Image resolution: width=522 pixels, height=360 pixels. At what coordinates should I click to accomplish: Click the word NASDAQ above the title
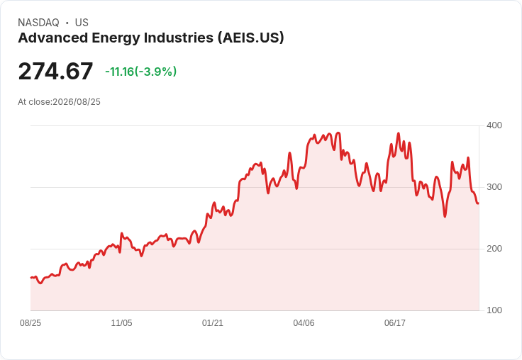pyautogui.click(x=38, y=23)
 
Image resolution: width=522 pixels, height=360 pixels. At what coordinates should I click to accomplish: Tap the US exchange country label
pyautogui.click(x=82, y=23)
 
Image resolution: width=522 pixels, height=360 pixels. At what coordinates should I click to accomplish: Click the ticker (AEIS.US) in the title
pyautogui.click(x=250, y=38)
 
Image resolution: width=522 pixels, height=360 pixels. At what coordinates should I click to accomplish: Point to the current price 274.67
pyautogui.click(x=55, y=71)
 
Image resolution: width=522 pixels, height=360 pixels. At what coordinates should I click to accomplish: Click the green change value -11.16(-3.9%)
pyautogui.click(x=141, y=72)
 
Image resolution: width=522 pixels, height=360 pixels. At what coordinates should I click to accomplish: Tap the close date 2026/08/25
pyautogui.click(x=77, y=102)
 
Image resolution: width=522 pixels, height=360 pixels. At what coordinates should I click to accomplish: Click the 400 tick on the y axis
pyautogui.click(x=494, y=125)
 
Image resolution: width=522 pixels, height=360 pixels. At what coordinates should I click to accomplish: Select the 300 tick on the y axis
pyautogui.click(x=494, y=187)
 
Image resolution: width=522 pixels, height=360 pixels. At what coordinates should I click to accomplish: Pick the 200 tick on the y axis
pyautogui.click(x=494, y=249)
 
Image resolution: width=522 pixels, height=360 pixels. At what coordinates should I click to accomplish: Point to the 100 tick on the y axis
pyautogui.click(x=494, y=310)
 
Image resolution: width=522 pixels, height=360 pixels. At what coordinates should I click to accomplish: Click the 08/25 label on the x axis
pyautogui.click(x=30, y=323)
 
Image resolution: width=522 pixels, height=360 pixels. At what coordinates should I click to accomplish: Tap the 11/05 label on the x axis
pyautogui.click(x=121, y=323)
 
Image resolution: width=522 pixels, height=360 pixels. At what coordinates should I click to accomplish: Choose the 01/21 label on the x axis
pyautogui.click(x=212, y=323)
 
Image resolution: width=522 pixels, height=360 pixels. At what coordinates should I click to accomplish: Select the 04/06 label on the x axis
pyautogui.click(x=304, y=323)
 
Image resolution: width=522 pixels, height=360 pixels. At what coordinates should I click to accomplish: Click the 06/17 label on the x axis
pyautogui.click(x=395, y=323)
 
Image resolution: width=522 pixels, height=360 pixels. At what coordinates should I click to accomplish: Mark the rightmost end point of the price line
pyautogui.click(x=479, y=203)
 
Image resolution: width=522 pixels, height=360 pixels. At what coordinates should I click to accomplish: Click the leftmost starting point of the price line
pyautogui.click(x=31, y=278)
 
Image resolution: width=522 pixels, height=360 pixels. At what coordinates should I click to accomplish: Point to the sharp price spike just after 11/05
pyautogui.click(x=122, y=233)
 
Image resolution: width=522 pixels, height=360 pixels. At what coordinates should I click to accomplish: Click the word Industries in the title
pyautogui.click(x=179, y=38)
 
